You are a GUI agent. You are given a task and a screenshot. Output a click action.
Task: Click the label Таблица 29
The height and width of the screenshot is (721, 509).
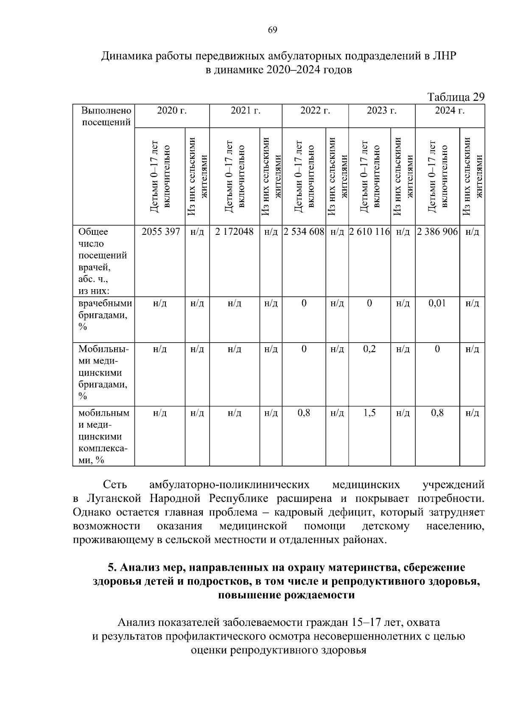click(456, 97)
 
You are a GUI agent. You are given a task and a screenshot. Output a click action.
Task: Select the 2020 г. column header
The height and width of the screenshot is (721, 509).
click(172, 111)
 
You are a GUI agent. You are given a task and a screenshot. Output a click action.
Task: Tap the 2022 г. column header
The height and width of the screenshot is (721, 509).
click(315, 111)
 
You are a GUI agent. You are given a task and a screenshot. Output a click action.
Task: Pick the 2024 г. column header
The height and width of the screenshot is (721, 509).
click(450, 111)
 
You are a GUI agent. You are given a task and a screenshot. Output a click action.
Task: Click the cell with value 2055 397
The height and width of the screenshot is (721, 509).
click(160, 232)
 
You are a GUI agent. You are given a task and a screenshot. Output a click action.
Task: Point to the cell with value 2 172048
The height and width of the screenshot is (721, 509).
click(234, 232)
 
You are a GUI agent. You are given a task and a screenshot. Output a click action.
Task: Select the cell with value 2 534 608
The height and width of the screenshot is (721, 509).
click(304, 232)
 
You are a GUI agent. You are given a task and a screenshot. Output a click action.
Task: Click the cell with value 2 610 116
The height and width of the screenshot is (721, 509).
click(369, 232)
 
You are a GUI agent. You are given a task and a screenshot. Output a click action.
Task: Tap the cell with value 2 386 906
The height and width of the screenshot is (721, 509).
click(437, 232)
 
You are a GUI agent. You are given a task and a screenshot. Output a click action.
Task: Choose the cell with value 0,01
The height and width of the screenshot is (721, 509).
click(437, 303)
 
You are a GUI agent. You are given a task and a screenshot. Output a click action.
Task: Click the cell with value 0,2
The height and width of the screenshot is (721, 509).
click(369, 349)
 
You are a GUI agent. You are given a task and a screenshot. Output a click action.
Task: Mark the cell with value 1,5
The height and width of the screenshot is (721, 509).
click(369, 413)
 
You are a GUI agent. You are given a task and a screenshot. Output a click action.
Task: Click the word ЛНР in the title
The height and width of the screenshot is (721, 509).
click(444, 56)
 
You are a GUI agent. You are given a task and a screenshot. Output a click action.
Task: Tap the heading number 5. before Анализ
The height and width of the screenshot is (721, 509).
click(112, 568)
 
